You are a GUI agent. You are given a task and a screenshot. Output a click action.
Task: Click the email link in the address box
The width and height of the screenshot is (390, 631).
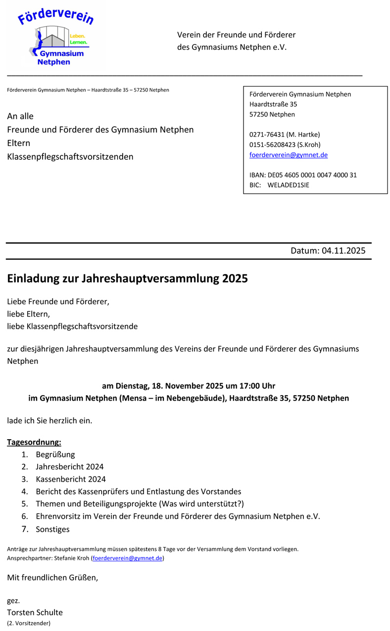click(x=288, y=155)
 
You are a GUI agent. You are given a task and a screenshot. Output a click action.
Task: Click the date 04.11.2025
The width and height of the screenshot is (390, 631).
click(x=343, y=251)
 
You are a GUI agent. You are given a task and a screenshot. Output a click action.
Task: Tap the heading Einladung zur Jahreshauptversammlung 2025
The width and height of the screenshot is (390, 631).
click(x=127, y=278)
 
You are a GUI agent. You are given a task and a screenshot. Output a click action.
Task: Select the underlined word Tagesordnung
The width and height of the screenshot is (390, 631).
click(x=34, y=442)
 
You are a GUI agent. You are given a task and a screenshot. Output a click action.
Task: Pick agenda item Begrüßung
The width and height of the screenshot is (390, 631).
click(x=55, y=454)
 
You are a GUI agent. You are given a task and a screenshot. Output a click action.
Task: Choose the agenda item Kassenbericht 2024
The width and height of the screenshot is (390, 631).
click(x=70, y=479)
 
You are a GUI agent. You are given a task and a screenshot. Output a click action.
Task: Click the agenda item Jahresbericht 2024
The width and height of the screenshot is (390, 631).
click(x=69, y=466)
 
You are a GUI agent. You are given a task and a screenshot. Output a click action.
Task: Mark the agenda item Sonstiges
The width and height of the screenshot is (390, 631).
click(x=52, y=529)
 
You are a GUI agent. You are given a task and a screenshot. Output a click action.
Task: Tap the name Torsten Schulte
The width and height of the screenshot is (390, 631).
click(x=35, y=612)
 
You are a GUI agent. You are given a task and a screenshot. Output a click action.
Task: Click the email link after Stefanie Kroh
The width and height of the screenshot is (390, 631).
click(x=128, y=558)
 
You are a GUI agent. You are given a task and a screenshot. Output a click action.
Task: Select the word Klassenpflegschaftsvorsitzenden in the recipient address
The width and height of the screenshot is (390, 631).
click(x=70, y=157)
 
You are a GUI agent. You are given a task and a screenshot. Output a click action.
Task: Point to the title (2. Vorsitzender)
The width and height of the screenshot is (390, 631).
click(x=29, y=623)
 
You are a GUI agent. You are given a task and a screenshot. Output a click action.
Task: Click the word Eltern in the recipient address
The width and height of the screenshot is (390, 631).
click(x=18, y=143)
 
